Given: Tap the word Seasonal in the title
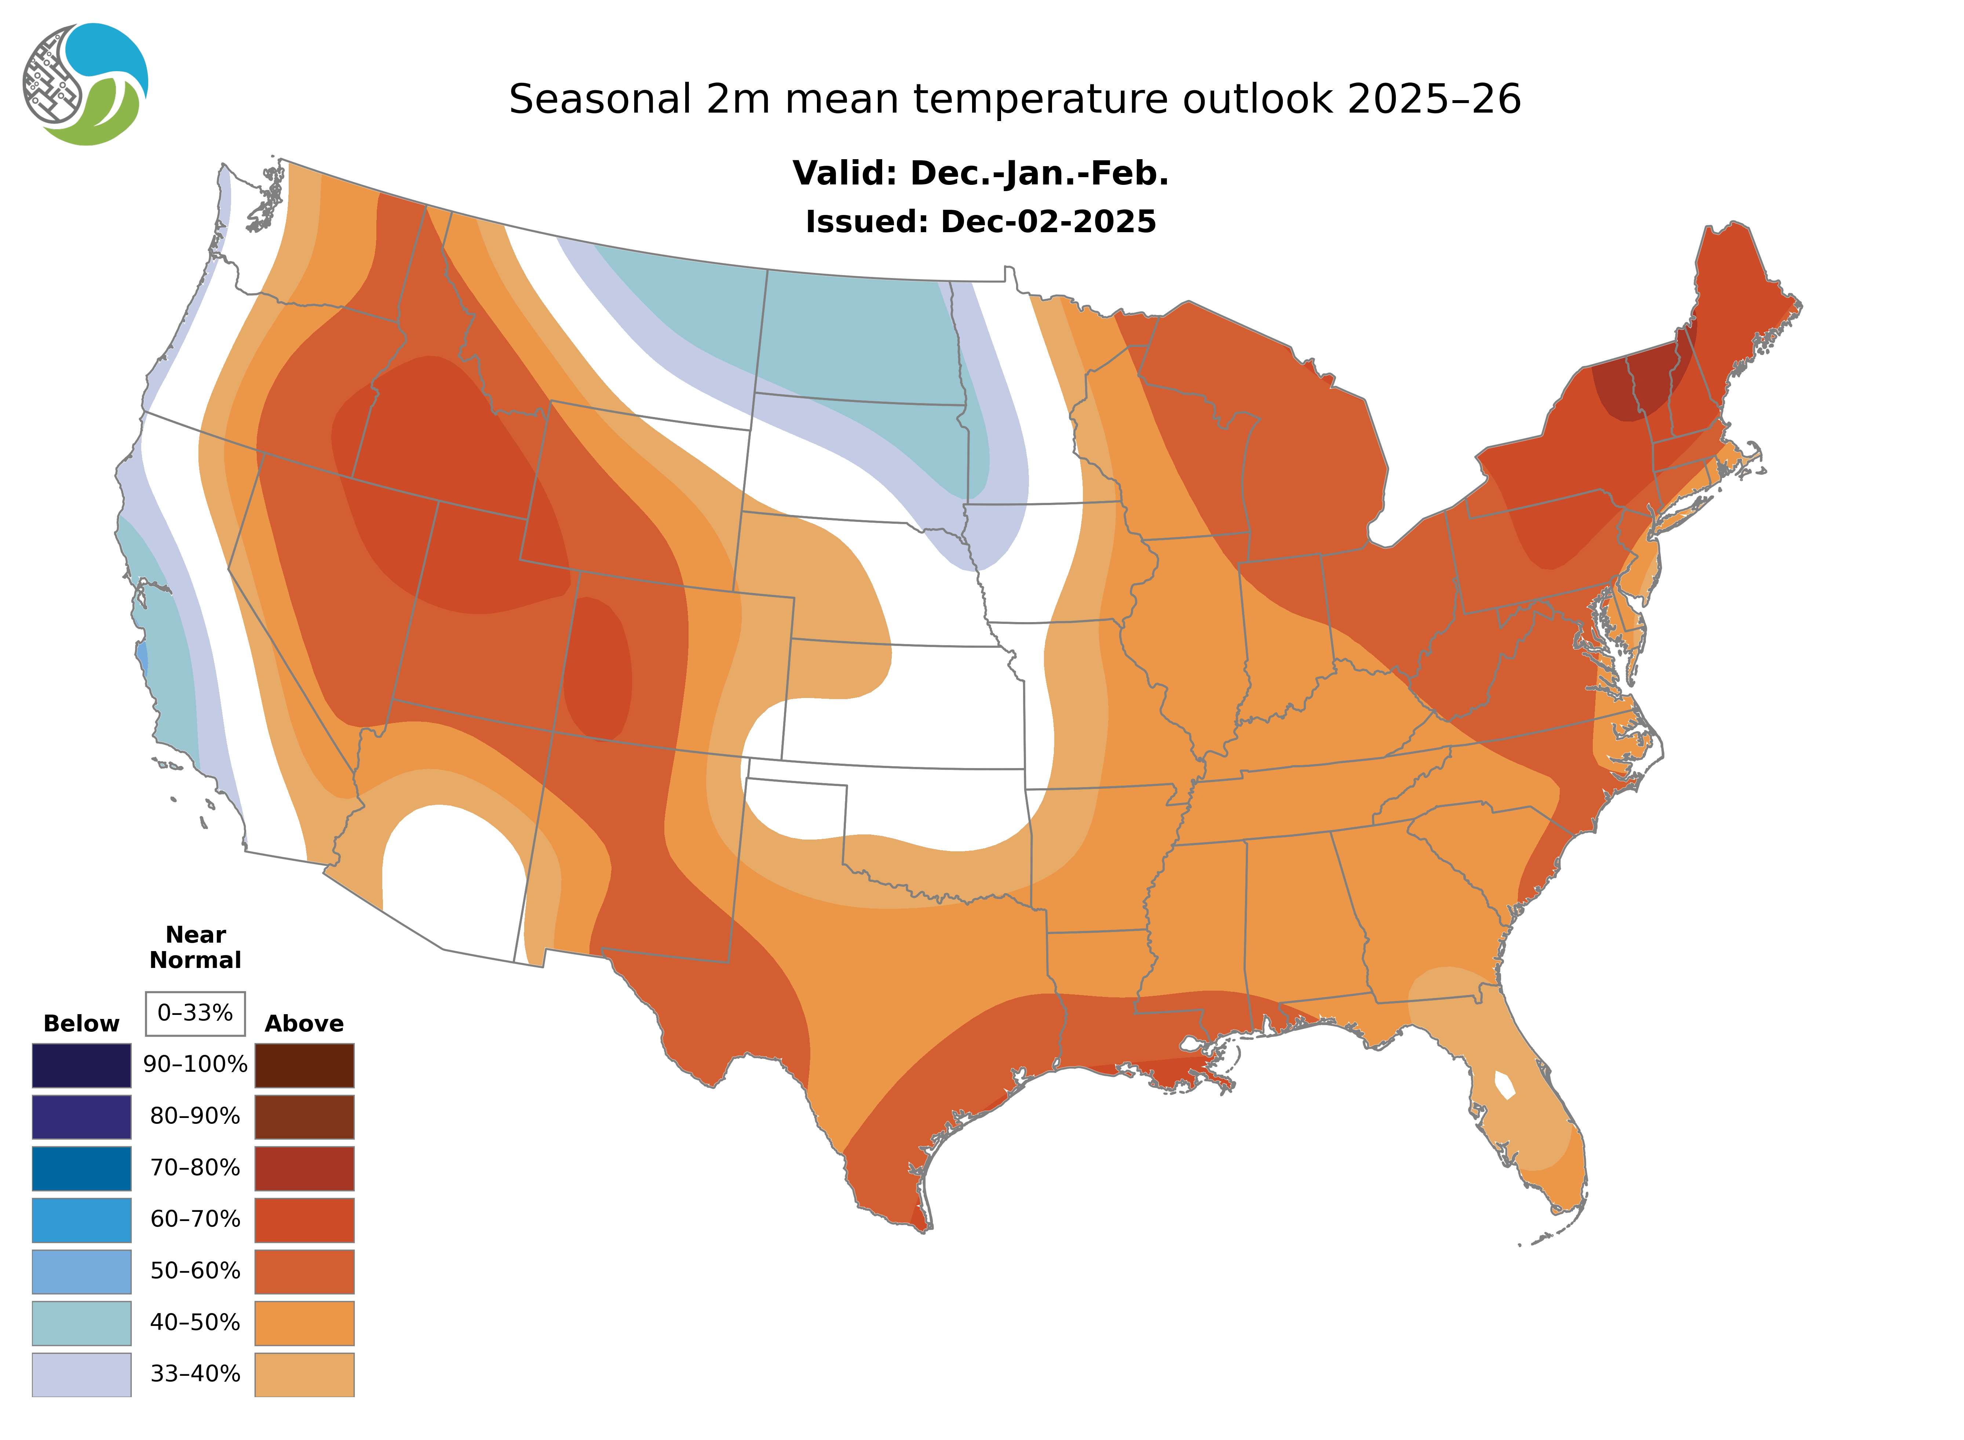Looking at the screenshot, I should (600, 99).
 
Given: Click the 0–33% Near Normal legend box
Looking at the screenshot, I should (195, 1013).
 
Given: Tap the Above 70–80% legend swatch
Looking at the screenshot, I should (304, 1168).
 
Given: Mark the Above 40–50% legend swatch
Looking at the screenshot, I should (304, 1322).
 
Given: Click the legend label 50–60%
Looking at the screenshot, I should (195, 1271).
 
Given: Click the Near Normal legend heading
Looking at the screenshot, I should (195, 947).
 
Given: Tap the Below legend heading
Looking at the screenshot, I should (81, 1023).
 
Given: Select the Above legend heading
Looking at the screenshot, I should (304, 1023).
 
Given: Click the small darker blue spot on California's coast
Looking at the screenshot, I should (142, 655).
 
